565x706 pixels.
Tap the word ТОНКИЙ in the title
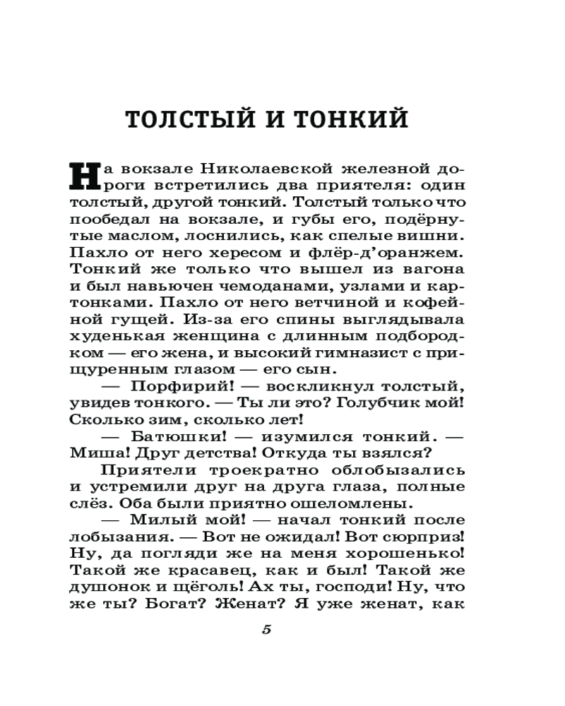tap(351, 119)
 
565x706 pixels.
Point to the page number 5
tap(266, 630)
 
